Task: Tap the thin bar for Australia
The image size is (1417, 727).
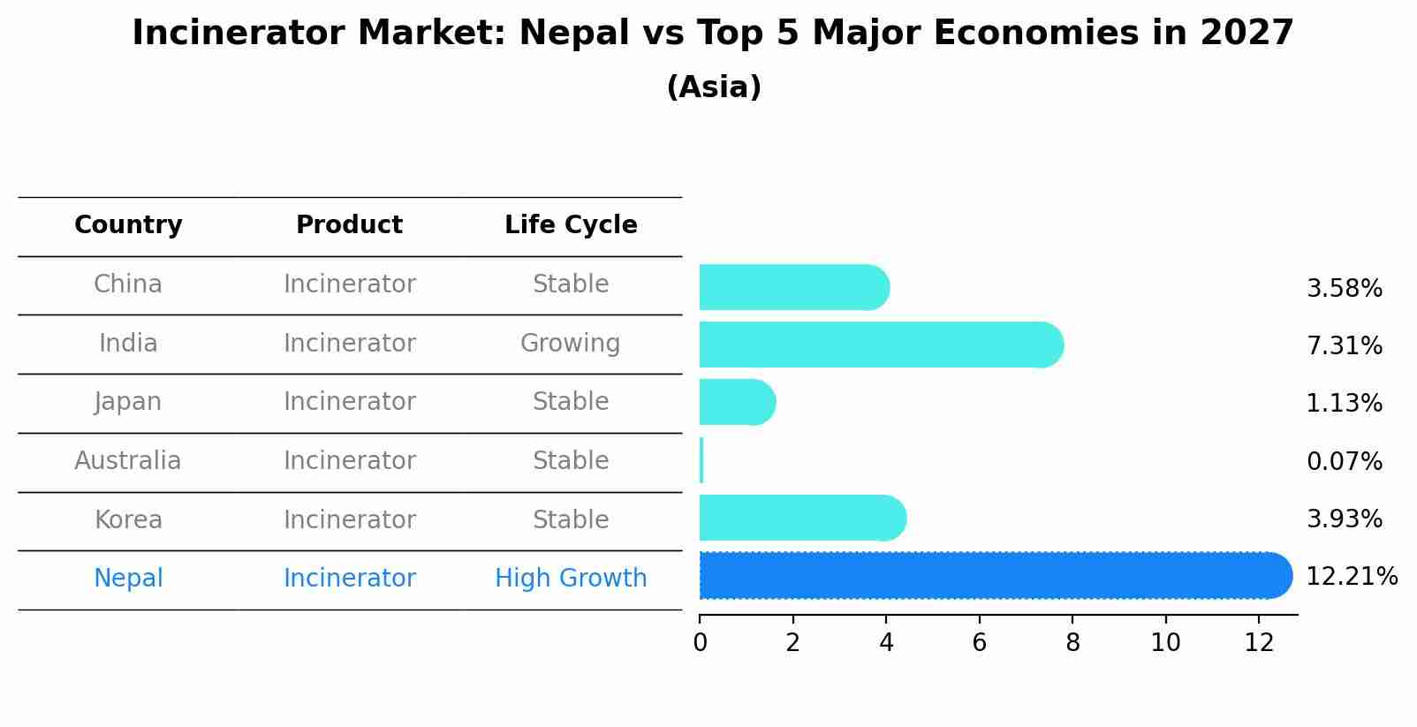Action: (701, 460)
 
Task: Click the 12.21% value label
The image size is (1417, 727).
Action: (1351, 577)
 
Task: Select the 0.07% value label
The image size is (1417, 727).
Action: (1344, 461)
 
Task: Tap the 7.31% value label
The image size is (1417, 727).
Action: (1344, 345)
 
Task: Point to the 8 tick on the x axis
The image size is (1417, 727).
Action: (1072, 643)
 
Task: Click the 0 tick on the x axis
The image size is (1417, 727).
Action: (700, 643)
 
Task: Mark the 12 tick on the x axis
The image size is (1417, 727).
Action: (1259, 643)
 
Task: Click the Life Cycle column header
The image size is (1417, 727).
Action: (571, 225)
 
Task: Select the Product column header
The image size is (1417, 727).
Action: (349, 225)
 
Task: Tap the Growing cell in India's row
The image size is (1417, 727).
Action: (570, 343)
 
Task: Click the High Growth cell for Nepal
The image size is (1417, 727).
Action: (571, 579)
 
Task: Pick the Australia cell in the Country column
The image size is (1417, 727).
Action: (128, 461)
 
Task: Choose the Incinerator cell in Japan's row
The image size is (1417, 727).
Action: (349, 402)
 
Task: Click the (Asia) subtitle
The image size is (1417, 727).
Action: (714, 87)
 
